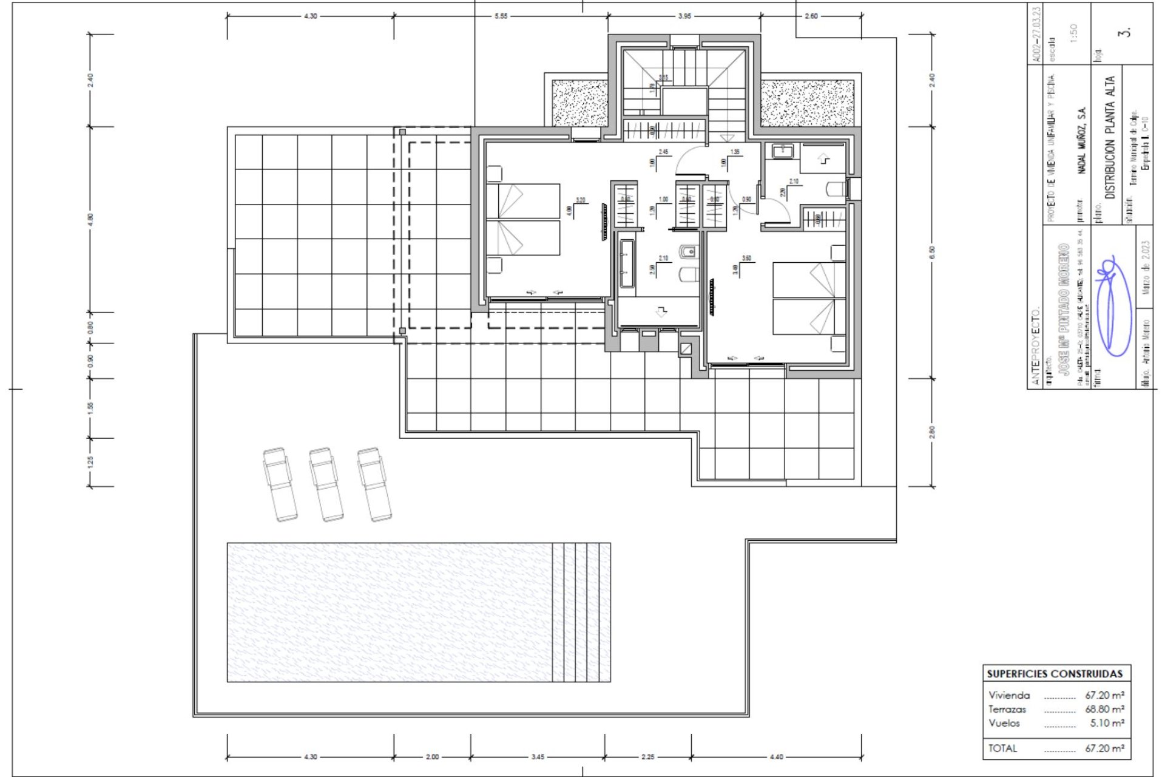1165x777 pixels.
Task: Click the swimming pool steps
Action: tap(581, 612)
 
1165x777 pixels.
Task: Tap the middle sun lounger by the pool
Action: tap(326, 484)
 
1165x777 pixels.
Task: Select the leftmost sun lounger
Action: tap(280, 484)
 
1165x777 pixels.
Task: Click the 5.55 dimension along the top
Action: tap(500, 16)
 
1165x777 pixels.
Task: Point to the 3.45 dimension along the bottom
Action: tap(538, 757)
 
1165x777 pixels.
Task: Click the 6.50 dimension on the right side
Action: tap(932, 253)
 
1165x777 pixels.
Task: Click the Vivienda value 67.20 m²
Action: tap(1104, 695)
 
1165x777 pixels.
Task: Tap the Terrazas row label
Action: tap(1007, 709)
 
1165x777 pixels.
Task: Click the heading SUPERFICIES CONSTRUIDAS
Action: tap(1055, 674)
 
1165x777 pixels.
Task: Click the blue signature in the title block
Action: tap(1113, 307)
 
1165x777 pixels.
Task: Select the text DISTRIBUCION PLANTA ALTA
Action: tap(1110, 138)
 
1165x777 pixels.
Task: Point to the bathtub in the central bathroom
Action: tap(627, 263)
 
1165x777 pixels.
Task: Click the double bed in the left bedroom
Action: tap(522, 219)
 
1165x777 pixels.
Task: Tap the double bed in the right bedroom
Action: tap(809, 298)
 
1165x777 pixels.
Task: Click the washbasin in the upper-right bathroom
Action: tap(777, 150)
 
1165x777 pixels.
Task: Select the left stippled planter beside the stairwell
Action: tap(579, 103)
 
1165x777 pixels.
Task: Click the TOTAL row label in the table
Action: tap(1002, 748)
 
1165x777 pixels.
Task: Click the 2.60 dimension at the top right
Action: tap(811, 16)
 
